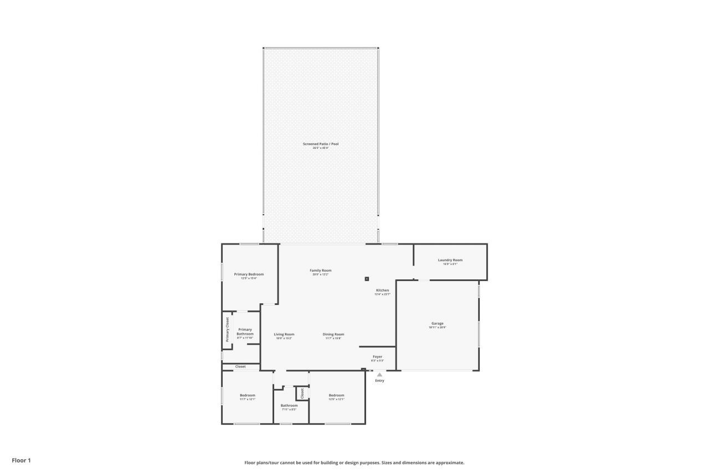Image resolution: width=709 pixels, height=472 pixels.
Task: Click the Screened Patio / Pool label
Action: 320,144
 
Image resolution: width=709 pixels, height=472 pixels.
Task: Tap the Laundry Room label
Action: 450,260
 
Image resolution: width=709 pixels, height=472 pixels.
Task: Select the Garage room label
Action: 438,323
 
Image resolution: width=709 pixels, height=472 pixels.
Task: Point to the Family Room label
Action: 320,271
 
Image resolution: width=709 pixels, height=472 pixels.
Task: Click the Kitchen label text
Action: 382,291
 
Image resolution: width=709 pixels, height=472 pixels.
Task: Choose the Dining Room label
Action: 333,334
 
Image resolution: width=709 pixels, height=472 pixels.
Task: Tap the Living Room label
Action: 284,334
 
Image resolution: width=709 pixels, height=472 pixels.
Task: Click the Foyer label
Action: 377,357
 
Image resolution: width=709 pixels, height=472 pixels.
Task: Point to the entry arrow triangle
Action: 379,375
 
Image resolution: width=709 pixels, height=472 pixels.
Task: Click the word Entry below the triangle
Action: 379,381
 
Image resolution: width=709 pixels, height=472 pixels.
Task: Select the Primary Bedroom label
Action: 249,274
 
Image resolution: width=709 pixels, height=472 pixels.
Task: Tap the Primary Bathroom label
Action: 245,331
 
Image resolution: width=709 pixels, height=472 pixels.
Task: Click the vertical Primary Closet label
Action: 227,329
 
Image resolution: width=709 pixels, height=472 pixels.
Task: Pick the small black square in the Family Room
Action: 367,279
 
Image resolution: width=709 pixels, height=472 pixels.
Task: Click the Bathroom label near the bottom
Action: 289,406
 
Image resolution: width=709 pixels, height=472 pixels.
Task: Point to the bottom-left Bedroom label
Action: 247,395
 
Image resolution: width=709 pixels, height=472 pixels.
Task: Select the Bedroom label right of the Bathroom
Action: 336,395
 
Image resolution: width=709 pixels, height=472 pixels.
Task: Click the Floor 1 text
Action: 22,460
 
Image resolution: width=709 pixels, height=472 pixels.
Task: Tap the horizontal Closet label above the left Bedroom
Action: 240,366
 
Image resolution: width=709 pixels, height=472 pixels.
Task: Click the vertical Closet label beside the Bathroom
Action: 302,393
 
